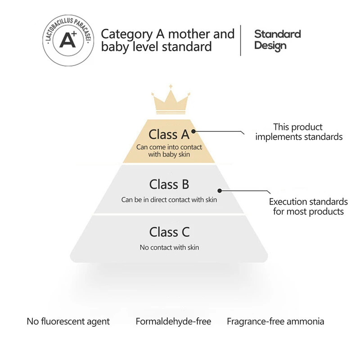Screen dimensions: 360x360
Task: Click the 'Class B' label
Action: pyautogui.click(x=169, y=184)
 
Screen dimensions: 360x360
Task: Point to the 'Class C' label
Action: pyautogui.click(x=169, y=232)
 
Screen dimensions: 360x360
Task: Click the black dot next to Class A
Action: pyautogui.click(x=193, y=132)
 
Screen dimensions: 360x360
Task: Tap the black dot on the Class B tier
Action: pyautogui.click(x=219, y=190)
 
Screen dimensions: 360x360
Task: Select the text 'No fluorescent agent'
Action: pyautogui.click(x=68, y=321)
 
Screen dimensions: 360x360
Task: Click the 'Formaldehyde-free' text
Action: pyautogui.click(x=173, y=321)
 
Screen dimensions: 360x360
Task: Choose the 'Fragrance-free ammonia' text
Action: pyautogui.click(x=275, y=321)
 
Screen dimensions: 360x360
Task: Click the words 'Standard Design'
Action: pyautogui.click(x=277, y=40)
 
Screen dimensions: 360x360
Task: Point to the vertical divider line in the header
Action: pyautogui.click(x=241, y=40)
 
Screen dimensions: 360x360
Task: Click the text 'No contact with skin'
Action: pyautogui.click(x=169, y=247)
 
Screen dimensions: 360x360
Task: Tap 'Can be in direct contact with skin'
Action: pyautogui.click(x=169, y=200)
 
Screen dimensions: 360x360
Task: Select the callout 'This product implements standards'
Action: pyautogui.click(x=299, y=132)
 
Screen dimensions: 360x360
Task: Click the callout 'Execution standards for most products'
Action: pyautogui.click(x=308, y=207)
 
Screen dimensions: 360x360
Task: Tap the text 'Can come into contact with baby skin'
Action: pyautogui.click(x=169, y=151)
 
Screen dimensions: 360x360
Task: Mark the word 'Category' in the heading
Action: pyautogui.click(x=127, y=34)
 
